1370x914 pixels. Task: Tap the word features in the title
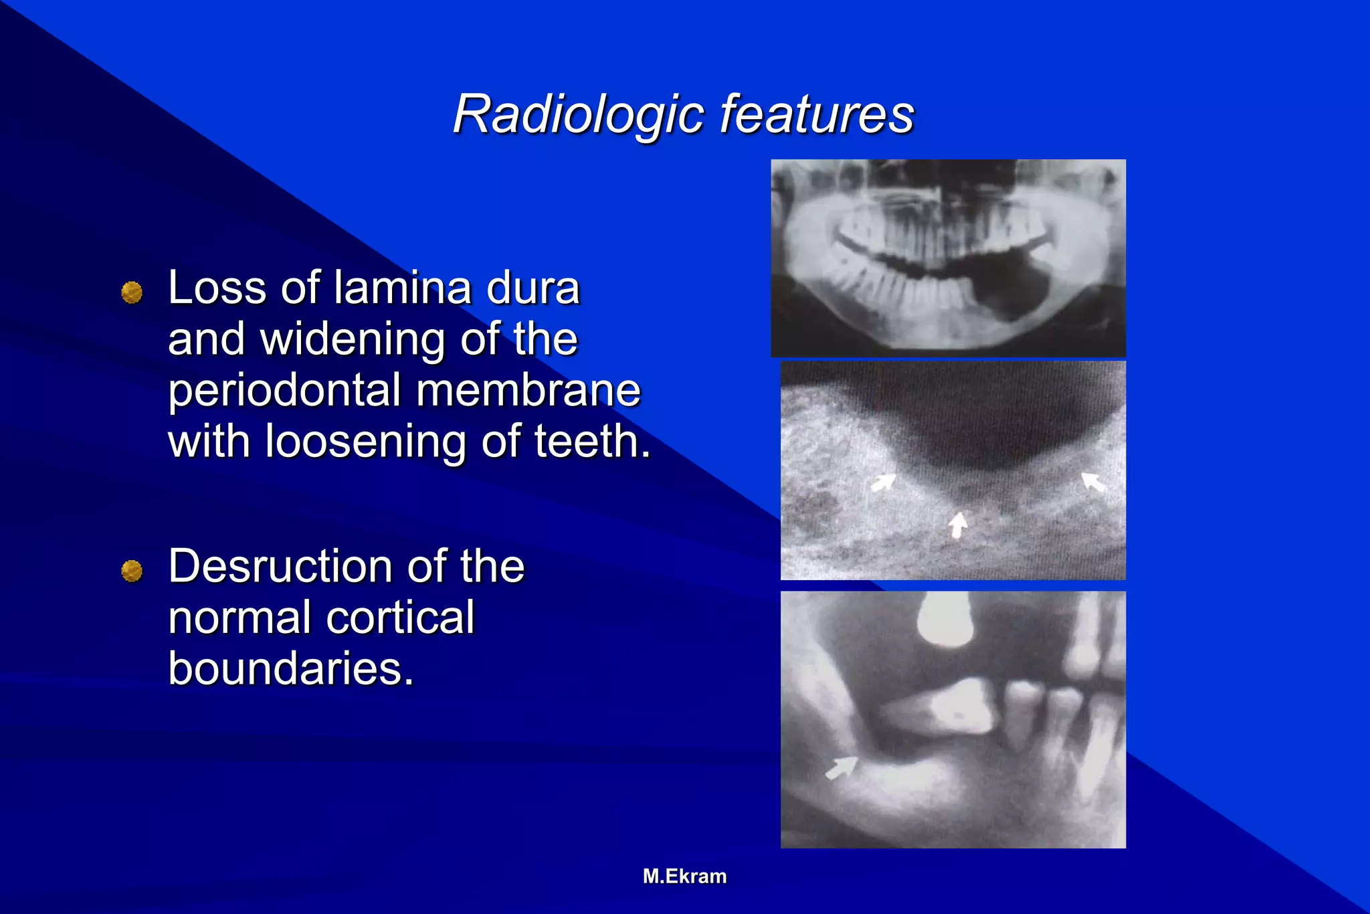817,114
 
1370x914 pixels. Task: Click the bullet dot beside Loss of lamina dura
132,292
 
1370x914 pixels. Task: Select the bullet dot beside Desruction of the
132,571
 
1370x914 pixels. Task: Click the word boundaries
291,668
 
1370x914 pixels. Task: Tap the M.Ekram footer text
684,877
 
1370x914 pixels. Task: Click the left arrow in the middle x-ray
883,482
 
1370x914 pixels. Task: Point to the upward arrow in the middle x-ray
959,524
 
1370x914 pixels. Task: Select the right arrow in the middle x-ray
1094,481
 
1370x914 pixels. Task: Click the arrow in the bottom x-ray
842,767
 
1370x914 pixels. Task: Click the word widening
353,339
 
